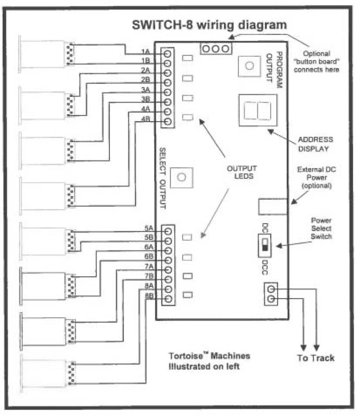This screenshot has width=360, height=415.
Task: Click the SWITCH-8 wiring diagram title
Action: [x=210, y=25]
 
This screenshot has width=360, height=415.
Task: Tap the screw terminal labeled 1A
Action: [x=167, y=54]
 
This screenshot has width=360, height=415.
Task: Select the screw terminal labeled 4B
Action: [x=167, y=122]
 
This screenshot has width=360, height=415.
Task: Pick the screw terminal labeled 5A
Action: [x=168, y=231]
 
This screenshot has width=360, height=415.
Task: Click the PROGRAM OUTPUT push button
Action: [x=249, y=66]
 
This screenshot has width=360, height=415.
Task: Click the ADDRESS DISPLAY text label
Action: [x=315, y=144]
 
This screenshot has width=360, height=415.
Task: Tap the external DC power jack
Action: [x=273, y=206]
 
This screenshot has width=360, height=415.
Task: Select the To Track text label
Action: [x=316, y=358]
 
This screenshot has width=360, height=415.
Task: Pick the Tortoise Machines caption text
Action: [x=209, y=361]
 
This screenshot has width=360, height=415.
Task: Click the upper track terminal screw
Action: [x=271, y=289]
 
